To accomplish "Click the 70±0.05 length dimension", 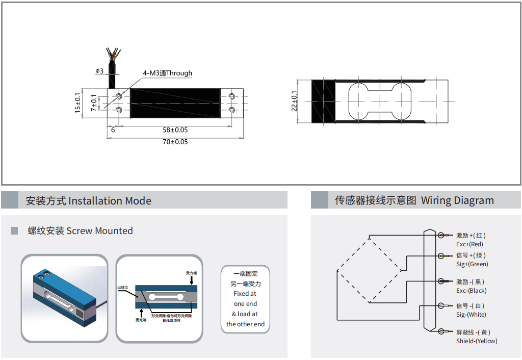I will pos(175,142).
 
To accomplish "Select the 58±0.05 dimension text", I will pos(175,130).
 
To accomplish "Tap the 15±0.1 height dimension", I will pos(78,102).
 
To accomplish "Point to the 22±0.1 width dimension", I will pos(294,101).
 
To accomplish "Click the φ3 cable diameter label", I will pos(99,71).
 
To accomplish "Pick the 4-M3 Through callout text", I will pos(167,73).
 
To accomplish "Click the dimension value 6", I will pos(113,130).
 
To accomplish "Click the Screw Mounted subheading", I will pos(80,231).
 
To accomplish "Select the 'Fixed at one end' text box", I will pos(245,299).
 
